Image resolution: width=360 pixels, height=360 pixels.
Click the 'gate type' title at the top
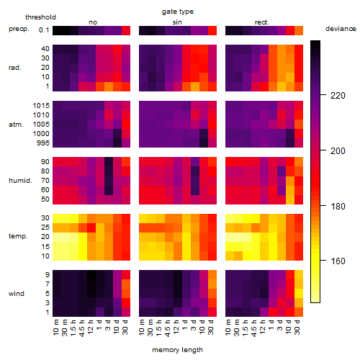[x=178, y=12]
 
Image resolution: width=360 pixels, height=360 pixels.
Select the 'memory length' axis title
[x=177, y=350]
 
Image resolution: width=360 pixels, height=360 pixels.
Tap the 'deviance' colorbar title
[x=341, y=29]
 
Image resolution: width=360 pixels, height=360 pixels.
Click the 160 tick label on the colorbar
[x=338, y=261]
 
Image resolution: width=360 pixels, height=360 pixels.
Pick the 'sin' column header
[x=177, y=22]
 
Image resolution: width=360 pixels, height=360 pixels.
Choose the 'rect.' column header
[x=261, y=22]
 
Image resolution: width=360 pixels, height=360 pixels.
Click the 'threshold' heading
[x=40, y=17]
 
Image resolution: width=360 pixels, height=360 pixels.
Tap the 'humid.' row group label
[x=20, y=181]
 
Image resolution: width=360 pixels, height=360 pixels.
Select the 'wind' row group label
[x=17, y=294]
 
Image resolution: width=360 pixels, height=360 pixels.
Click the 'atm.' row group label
[x=16, y=125]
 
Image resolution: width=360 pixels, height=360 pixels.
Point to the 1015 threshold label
[x=41, y=106]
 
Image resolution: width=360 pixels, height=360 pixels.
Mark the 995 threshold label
[x=43, y=143]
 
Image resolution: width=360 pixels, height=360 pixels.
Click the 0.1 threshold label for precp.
[x=44, y=30]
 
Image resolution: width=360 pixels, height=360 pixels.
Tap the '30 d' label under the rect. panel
[x=297, y=327]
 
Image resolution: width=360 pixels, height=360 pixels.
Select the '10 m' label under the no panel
[x=55, y=328]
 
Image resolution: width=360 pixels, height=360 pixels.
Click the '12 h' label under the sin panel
[x=176, y=327]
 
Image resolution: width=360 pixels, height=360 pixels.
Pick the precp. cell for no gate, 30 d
[x=126, y=30]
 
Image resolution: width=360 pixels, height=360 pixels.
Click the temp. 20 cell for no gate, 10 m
[x=57, y=237]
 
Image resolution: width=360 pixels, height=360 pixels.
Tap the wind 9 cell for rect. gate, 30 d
[x=299, y=274]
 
